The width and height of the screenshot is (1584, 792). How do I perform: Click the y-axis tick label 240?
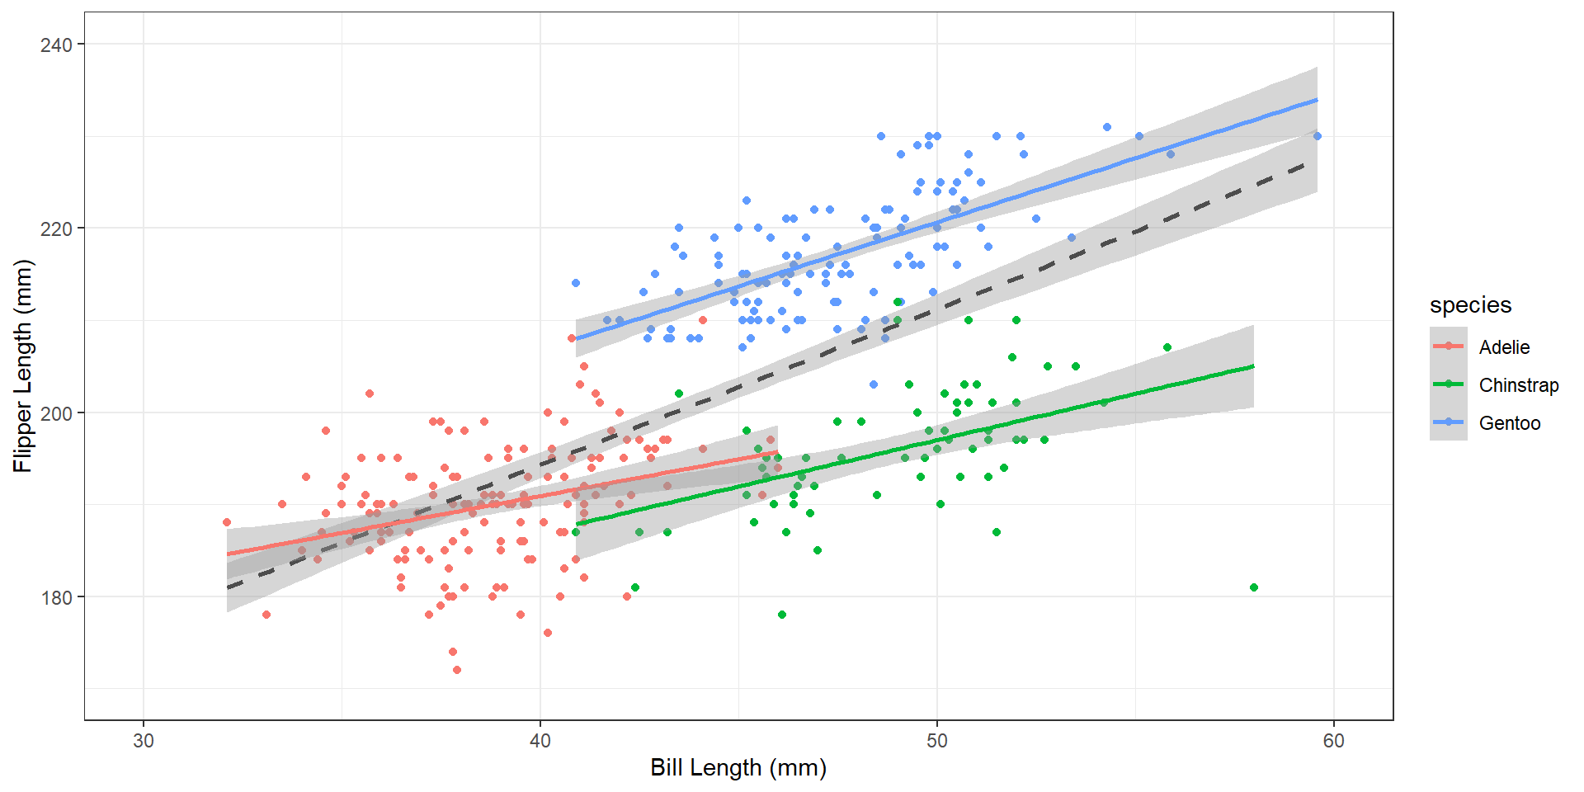[x=56, y=45]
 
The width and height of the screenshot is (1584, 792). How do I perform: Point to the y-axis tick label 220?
[x=56, y=229]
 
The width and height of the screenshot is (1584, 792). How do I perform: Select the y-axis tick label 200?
[x=56, y=412]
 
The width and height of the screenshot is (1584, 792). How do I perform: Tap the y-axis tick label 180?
[x=56, y=597]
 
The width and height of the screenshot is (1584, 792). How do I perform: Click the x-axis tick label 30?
[x=144, y=741]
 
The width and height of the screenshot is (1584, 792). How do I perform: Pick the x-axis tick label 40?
[x=540, y=741]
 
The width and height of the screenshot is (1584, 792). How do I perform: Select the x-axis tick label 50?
[x=937, y=741]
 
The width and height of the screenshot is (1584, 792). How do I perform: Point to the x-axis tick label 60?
[x=1333, y=741]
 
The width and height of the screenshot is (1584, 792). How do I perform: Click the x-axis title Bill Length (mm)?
[x=738, y=768]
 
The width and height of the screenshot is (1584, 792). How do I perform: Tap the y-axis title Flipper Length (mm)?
[x=23, y=366]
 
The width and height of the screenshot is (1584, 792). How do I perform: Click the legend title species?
[x=1470, y=305]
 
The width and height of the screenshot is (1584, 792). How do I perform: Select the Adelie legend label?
[x=1504, y=347]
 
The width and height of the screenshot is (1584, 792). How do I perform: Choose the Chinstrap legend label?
[x=1518, y=385]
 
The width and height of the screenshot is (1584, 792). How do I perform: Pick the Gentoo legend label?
[x=1509, y=423]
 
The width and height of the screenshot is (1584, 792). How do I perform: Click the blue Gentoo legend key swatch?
[x=1449, y=422]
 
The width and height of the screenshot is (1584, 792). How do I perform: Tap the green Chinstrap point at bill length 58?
[x=1254, y=587]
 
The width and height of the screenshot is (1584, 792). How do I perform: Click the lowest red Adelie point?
[x=457, y=670]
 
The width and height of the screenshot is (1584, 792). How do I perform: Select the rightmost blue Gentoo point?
[x=1317, y=136]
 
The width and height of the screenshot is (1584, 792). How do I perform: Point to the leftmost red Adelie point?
[x=227, y=522]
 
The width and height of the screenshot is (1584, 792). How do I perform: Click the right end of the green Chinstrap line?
[x=1253, y=366]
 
